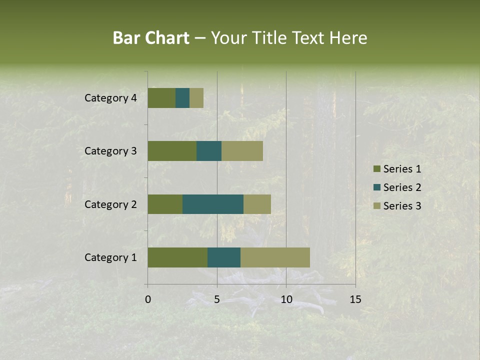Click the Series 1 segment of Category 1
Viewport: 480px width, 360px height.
(177, 257)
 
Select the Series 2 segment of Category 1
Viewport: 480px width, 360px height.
(224, 257)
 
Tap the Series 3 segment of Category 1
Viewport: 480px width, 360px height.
(275, 257)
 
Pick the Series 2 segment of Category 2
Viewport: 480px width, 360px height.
(213, 204)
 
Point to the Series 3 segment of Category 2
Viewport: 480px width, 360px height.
(257, 204)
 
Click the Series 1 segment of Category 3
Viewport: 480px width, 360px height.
(172, 151)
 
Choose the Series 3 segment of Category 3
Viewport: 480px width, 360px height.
(242, 151)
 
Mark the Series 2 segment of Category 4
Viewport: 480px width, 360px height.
(182, 98)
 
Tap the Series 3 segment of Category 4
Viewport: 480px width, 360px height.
(196, 98)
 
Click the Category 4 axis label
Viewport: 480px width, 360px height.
(110, 98)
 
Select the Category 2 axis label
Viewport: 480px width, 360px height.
(110, 204)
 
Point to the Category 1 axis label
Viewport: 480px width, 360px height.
(110, 257)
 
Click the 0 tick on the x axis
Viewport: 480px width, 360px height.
(148, 299)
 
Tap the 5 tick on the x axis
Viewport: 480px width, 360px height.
(217, 299)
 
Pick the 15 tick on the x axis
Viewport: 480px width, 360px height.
(355, 299)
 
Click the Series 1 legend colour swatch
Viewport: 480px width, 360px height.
(376, 169)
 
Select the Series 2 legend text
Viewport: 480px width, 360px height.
(402, 187)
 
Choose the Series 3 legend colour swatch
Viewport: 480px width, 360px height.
(376, 206)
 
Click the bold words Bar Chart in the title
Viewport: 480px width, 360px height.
(151, 38)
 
